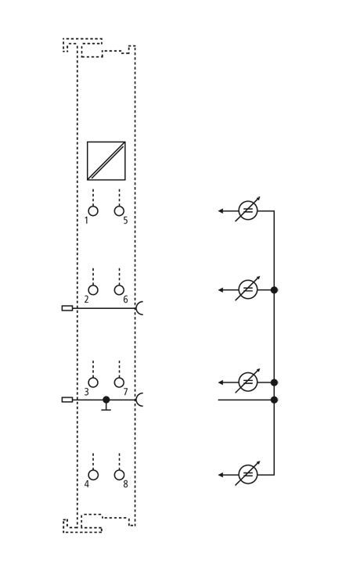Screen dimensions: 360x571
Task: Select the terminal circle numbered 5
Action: (x=119, y=210)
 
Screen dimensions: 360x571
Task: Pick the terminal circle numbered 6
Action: (x=119, y=290)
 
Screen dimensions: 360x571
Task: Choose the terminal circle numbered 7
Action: (x=119, y=382)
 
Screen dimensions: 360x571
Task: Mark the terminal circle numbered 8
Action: (x=119, y=475)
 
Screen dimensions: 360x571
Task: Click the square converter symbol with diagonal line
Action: (x=106, y=161)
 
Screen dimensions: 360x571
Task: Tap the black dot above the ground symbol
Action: (x=106, y=400)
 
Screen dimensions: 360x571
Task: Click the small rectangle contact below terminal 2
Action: (x=67, y=308)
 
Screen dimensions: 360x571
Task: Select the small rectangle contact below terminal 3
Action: (x=67, y=400)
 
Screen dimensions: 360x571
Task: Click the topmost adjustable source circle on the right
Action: (x=248, y=210)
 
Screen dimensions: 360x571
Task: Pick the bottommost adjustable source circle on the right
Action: (x=248, y=475)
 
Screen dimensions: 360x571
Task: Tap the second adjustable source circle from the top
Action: (x=248, y=290)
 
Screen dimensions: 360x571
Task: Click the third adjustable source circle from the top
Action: (x=248, y=382)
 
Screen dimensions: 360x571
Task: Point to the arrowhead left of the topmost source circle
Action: (x=221, y=210)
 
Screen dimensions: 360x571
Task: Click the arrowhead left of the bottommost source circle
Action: (x=221, y=475)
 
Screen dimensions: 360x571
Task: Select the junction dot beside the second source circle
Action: (x=275, y=290)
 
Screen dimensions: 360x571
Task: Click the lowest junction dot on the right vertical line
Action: (x=275, y=400)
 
